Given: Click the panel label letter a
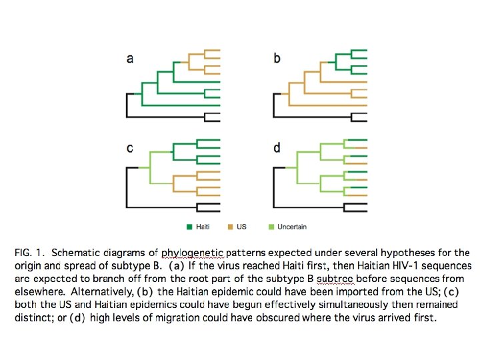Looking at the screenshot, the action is pyautogui.click(x=129, y=59).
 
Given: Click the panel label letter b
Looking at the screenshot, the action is pyautogui.click(x=277, y=59).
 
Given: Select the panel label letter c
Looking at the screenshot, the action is pyautogui.click(x=129, y=148).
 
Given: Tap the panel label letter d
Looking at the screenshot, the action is pyautogui.click(x=277, y=148).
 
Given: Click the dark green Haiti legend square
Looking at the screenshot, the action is pyautogui.click(x=189, y=227).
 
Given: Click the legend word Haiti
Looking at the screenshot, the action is pyautogui.click(x=203, y=227).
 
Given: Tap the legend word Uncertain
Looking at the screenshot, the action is pyautogui.click(x=292, y=227).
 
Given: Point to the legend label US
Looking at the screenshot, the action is pyautogui.click(x=241, y=227).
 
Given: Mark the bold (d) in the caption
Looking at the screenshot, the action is pyautogui.click(x=78, y=317).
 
